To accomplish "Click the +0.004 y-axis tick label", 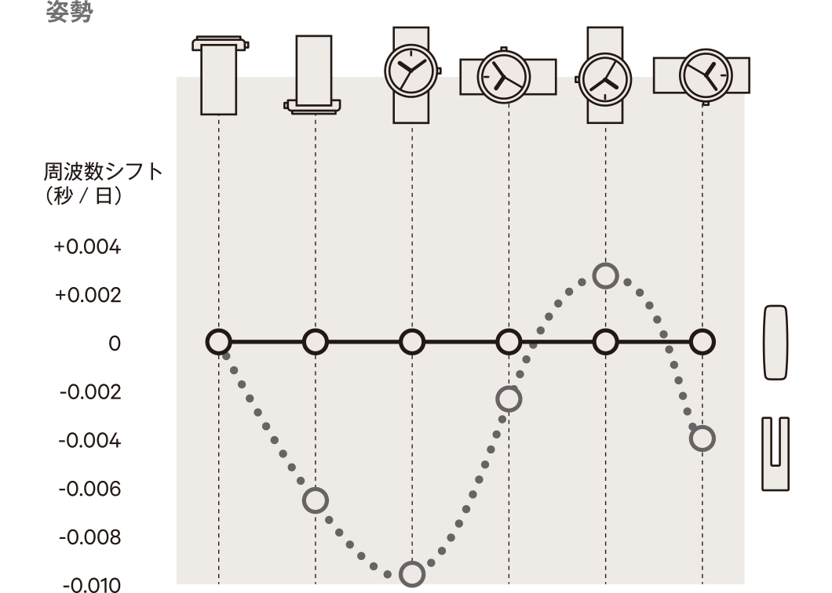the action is tap(88, 247).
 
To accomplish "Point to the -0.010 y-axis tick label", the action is tap(92, 585).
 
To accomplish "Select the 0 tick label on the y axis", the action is tap(115, 344).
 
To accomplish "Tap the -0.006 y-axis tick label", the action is tap(89, 489).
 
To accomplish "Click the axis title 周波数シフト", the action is tap(103, 172).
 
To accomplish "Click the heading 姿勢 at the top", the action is tap(70, 12).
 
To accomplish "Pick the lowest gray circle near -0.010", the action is tap(412, 574).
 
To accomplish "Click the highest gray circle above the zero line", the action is tap(605, 276).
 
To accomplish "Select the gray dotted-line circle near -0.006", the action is tap(316, 500).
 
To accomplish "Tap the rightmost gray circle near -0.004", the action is tap(702, 438).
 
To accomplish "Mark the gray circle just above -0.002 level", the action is tap(509, 399).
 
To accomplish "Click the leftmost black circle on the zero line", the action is tap(219, 342).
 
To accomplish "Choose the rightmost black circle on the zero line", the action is tap(702, 342).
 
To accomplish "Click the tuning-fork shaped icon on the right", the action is tap(775, 454).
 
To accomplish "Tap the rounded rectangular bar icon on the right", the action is tap(775, 343).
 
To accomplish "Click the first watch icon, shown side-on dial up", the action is tap(220, 75).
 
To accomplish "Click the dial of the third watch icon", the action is tap(412, 71).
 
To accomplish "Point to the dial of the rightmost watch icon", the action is tap(706, 75).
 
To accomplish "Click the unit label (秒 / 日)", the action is tap(84, 196).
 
